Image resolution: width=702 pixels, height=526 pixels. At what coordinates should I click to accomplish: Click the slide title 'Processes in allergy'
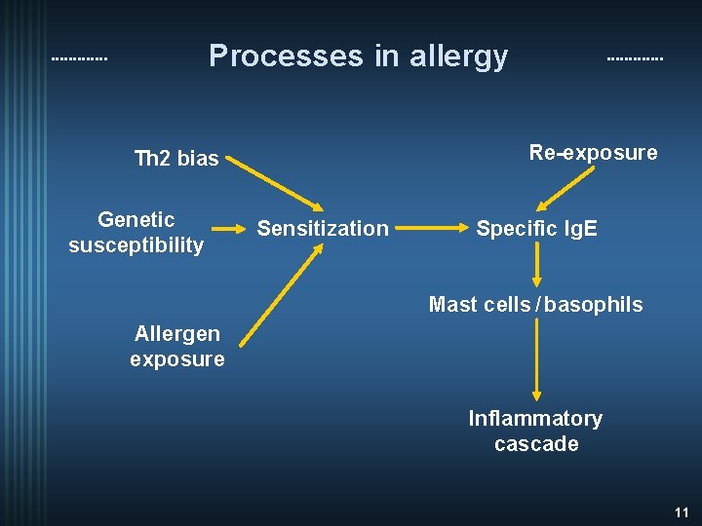[x=358, y=56]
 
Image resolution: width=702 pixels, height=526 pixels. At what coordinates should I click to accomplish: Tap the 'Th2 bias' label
[x=176, y=158]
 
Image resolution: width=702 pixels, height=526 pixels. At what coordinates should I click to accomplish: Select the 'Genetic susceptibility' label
[x=136, y=232]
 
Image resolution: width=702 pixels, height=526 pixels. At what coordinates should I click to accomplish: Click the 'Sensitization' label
[x=322, y=229]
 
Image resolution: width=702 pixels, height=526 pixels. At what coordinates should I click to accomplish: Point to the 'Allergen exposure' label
[x=177, y=346]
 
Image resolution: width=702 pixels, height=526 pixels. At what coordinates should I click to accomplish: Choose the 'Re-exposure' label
[x=593, y=152]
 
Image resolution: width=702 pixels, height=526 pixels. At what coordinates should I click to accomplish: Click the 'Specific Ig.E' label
[x=536, y=229]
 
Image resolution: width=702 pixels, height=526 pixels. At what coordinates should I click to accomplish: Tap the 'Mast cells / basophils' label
[x=535, y=305]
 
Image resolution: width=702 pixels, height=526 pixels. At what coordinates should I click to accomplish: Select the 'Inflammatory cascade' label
[x=535, y=431]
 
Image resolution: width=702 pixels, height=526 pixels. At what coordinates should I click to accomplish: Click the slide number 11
[x=681, y=511]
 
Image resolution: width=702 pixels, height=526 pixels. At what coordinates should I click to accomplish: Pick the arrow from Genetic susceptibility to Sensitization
[x=231, y=230]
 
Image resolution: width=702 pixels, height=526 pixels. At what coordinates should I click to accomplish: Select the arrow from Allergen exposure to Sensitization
[x=280, y=295]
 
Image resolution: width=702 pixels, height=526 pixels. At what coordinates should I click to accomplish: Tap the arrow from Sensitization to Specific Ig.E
[x=431, y=230]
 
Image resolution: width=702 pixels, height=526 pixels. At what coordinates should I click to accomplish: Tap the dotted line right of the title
[x=634, y=59]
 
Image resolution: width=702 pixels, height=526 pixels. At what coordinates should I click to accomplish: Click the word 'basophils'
[x=594, y=305]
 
